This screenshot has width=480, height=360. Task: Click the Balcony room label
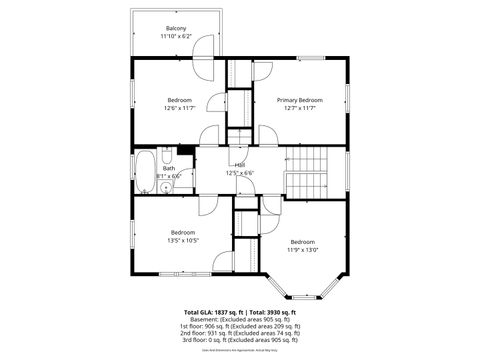click(176, 27)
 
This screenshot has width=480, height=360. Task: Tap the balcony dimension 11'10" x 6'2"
click(176, 36)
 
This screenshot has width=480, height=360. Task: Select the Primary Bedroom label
click(299, 100)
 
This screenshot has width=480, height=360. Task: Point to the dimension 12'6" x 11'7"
click(179, 108)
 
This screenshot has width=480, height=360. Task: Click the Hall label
click(240, 165)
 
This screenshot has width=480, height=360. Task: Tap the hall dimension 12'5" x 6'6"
click(240, 173)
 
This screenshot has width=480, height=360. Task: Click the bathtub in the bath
click(146, 171)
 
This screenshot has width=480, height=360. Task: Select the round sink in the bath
click(166, 186)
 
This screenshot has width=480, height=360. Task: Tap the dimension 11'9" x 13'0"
click(303, 250)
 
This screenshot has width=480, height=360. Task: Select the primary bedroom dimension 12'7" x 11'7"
click(299, 108)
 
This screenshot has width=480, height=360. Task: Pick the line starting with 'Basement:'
click(239, 319)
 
